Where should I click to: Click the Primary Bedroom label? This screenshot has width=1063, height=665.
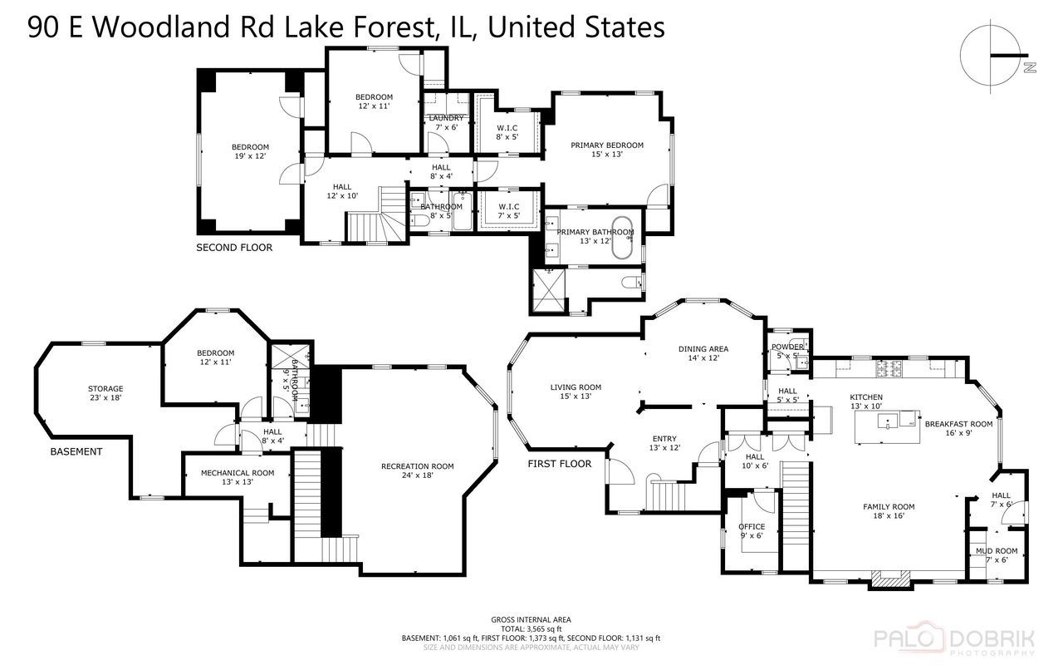607,145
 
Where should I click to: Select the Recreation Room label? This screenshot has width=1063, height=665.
417,466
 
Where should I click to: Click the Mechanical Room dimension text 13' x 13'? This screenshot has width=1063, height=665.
237,482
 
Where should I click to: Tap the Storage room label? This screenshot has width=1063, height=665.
105,388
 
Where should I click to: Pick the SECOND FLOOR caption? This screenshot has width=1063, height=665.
233,247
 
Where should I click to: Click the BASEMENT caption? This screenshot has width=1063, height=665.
76,451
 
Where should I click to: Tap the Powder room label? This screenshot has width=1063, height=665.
786,347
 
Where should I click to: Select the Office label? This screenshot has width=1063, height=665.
752,526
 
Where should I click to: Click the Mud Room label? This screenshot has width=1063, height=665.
996,550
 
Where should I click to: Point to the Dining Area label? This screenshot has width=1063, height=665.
703,349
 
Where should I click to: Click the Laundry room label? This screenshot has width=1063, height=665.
446,118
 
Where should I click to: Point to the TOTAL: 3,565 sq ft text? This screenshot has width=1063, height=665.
531,628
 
